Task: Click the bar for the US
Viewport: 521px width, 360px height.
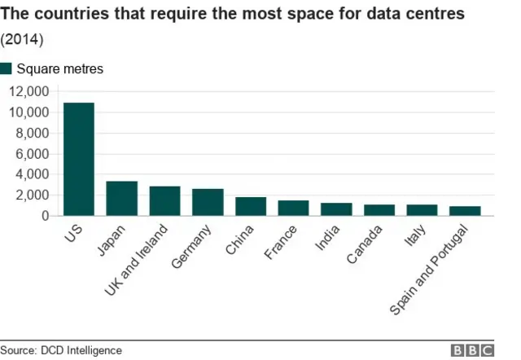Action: (x=79, y=160)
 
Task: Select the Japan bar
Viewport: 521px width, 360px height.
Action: (x=122, y=199)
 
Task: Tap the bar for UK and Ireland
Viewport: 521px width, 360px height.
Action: (x=164, y=201)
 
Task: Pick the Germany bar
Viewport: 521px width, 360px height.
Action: (x=208, y=202)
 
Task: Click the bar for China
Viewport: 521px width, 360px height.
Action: (x=251, y=206)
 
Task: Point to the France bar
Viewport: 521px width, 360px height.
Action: (x=293, y=208)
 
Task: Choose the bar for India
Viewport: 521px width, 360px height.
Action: (x=336, y=209)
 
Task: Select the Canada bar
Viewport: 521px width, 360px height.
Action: (x=379, y=210)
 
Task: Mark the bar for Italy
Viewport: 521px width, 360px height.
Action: (x=422, y=210)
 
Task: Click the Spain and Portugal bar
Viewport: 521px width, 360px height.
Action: (x=465, y=211)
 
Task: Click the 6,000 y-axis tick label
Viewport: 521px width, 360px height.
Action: (x=31, y=154)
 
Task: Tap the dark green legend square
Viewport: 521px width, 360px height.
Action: (x=7, y=68)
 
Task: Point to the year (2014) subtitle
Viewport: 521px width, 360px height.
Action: (x=22, y=38)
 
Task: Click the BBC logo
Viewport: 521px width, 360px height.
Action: (x=473, y=350)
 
